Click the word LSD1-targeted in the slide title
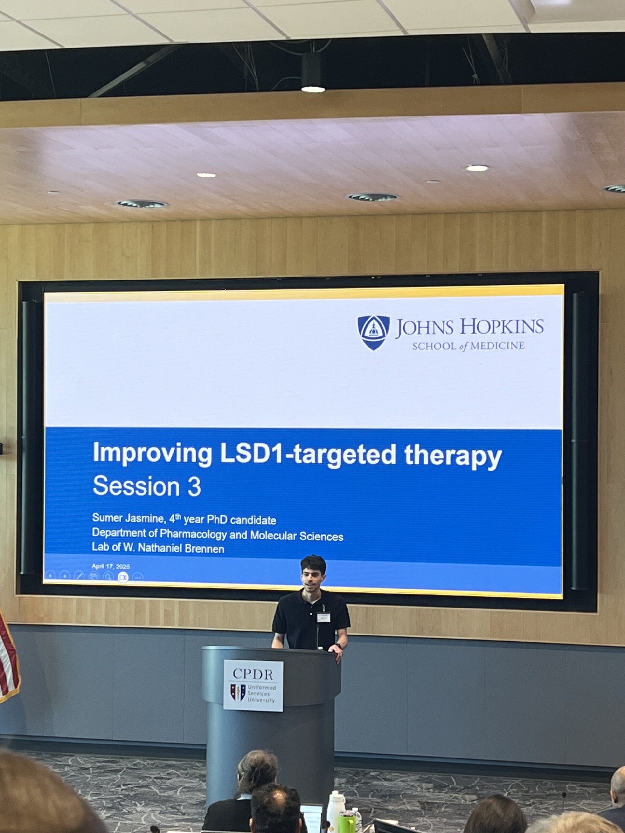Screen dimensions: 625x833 (x=308, y=455)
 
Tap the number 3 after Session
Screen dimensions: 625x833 (x=194, y=486)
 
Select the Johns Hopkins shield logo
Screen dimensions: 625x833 (x=373, y=333)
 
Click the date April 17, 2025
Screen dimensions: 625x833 (x=111, y=567)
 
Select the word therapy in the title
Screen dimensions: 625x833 (x=453, y=457)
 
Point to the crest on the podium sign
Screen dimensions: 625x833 (x=238, y=692)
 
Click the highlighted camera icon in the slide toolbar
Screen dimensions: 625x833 (x=123, y=577)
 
